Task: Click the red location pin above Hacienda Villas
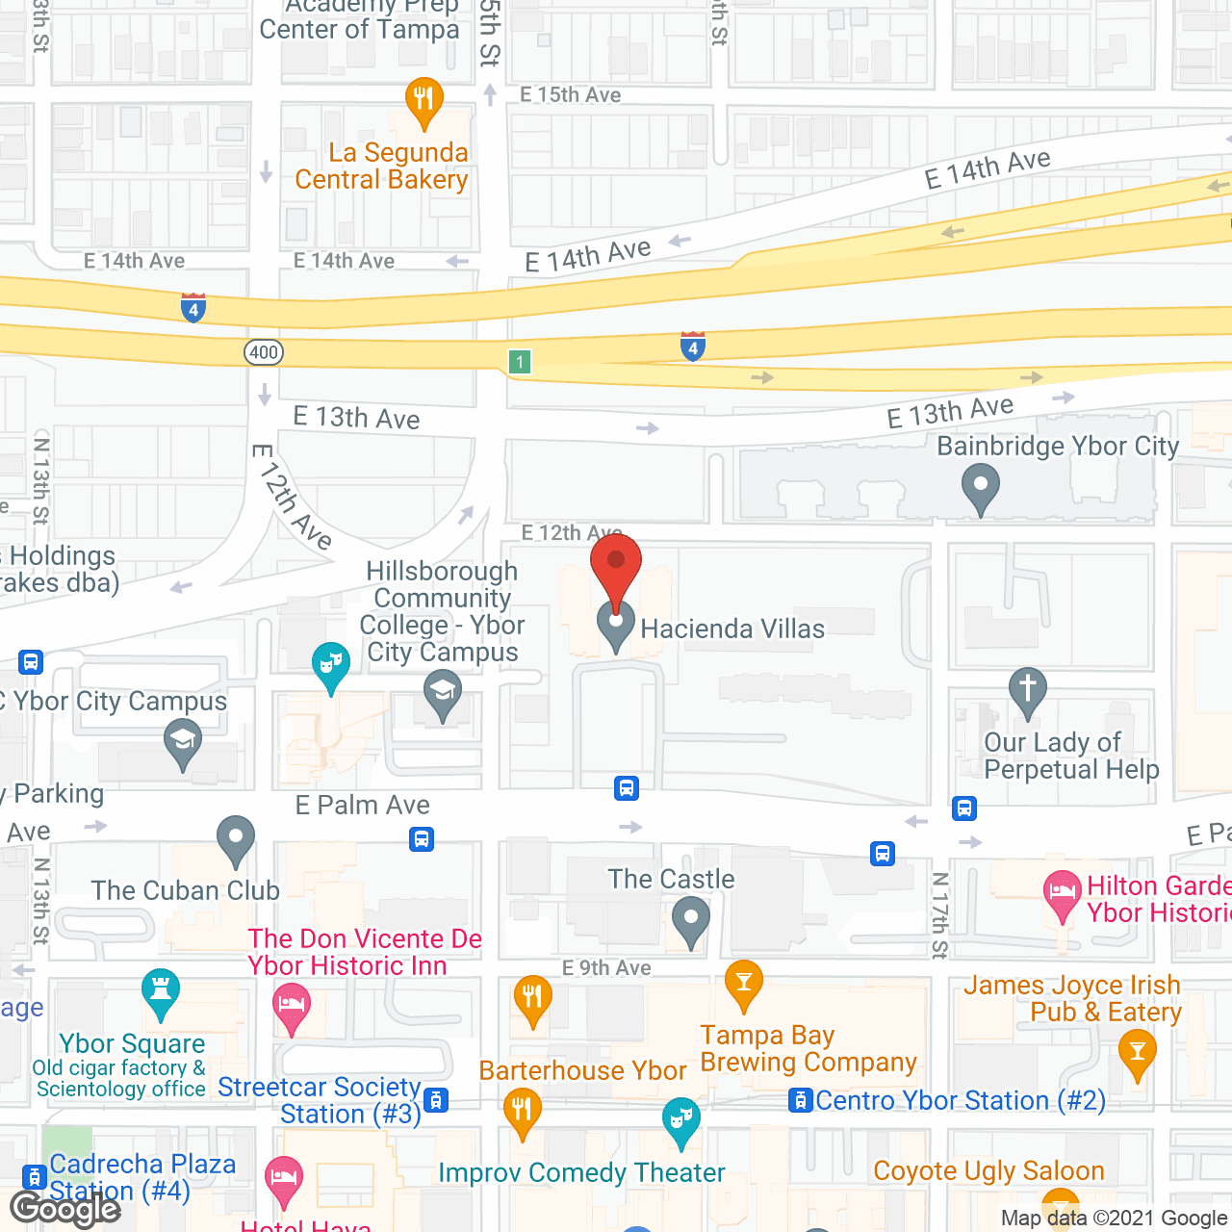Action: (x=616, y=568)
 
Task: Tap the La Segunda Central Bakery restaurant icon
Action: (x=423, y=99)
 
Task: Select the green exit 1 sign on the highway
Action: (x=520, y=362)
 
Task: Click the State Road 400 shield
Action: (x=263, y=352)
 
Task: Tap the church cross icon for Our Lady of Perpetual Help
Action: (x=1027, y=690)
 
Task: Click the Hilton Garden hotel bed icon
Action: (x=1063, y=893)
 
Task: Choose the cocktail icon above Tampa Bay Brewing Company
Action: (x=744, y=983)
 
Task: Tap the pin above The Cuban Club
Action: (x=235, y=838)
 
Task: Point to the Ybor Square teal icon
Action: (x=161, y=991)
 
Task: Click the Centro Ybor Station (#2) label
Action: (x=960, y=1100)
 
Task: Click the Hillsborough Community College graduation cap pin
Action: (x=443, y=693)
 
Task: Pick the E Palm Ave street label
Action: (x=362, y=805)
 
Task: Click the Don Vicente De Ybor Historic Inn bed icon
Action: (x=292, y=1006)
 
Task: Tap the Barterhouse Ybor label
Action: (x=582, y=1070)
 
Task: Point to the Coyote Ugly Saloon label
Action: (x=988, y=1170)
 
